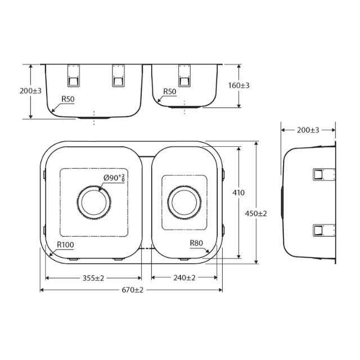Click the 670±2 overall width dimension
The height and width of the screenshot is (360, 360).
coord(131,290)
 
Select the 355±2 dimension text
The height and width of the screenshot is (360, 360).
coord(93,278)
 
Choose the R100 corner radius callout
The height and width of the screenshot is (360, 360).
coord(66,245)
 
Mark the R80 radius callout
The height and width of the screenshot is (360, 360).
coord(196,243)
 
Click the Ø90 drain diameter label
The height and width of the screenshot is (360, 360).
coord(114,178)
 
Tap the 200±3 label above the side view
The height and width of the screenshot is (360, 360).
coord(308,130)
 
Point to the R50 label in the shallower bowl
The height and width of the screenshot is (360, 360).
coord(169,92)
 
